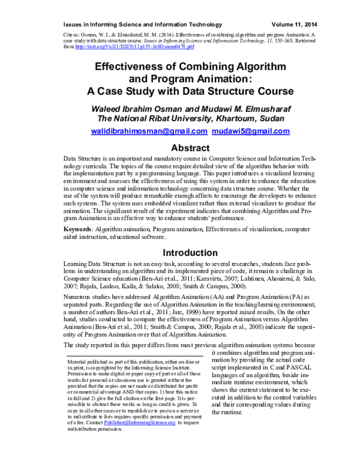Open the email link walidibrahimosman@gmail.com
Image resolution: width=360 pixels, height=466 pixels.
[x=149, y=131]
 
